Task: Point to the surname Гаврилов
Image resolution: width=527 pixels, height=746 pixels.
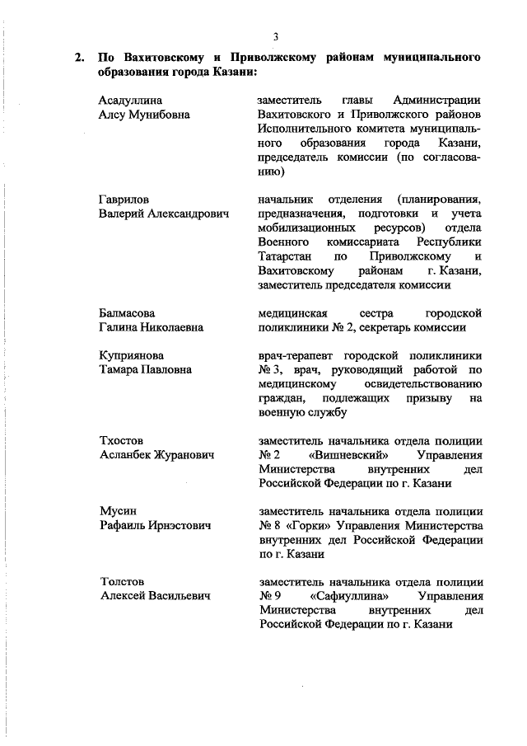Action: [124, 199]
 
